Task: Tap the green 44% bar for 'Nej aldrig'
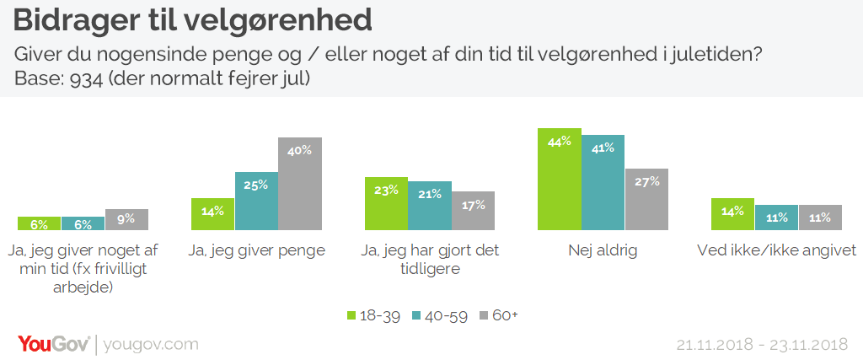(x=560, y=179)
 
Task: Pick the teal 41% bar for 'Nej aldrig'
(x=603, y=182)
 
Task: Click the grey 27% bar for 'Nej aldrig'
(x=646, y=199)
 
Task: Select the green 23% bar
(x=386, y=203)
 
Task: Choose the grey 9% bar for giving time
(x=126, y=220)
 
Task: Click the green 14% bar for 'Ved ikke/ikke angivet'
(x=732, y=214)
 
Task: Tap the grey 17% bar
(x=473, y=211)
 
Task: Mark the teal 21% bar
(x=429, y=206)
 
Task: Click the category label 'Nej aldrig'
(x=603, y=250)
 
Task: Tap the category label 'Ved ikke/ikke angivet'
(x=776, y=250)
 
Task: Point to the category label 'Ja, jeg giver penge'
(x=256, y=250)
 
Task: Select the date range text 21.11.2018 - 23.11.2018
(x=762, y=345)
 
